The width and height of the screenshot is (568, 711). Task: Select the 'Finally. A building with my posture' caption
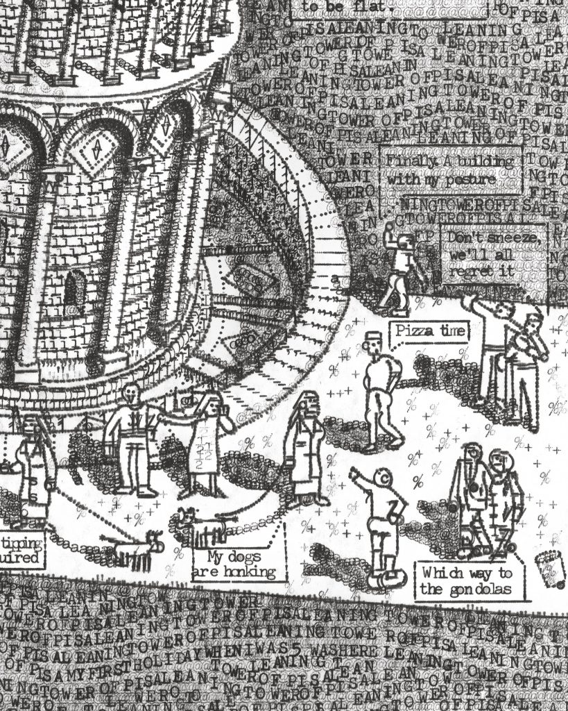pos(451,169)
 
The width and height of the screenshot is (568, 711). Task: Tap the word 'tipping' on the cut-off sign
pos(22,542)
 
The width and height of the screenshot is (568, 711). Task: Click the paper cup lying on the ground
pos(551,569)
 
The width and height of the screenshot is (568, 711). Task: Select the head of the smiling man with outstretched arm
pos(131,395)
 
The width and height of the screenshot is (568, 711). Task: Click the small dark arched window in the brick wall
pos(75,290)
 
